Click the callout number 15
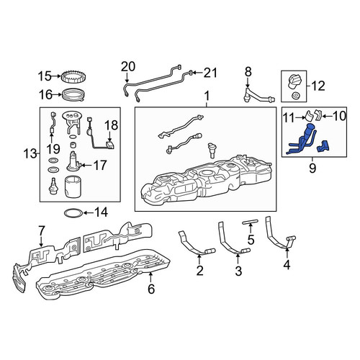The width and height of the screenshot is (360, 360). point(45,76)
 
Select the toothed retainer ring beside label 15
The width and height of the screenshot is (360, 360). point(73,76)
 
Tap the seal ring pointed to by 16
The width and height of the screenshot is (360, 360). point(73,95)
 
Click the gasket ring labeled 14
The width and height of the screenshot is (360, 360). point(73,212)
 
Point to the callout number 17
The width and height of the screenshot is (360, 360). point(99,165)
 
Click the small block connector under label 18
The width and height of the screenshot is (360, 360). point(110,145)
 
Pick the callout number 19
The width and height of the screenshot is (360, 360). point(53,149)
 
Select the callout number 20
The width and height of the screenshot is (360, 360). point(128,66)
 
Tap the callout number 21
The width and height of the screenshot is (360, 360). point(210,73)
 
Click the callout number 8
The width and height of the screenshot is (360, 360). point(248,72)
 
